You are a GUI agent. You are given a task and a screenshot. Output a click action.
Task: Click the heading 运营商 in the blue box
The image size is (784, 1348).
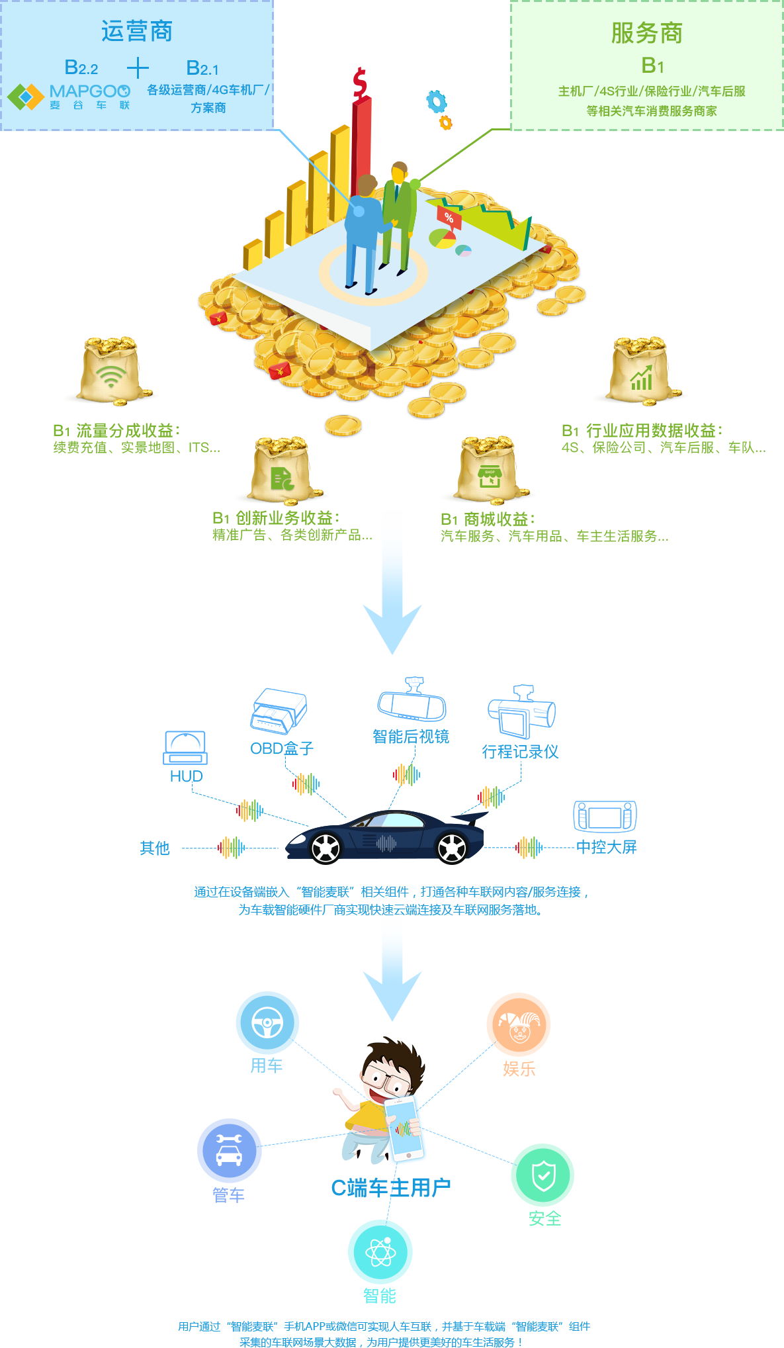tap(137, 31)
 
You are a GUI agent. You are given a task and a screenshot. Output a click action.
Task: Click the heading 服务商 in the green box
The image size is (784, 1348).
tap(646, 33)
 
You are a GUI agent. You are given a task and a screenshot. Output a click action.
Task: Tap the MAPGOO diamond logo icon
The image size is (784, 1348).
tap(25, 97)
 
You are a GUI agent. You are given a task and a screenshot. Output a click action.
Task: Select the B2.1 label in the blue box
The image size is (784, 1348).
tap(202, 68)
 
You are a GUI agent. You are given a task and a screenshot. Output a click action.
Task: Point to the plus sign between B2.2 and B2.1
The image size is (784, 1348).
tap(138, 68)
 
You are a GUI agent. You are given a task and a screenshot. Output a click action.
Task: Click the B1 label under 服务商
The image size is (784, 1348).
tap(652, 66)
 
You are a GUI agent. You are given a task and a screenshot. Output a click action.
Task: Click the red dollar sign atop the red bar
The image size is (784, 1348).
tap(360, 82)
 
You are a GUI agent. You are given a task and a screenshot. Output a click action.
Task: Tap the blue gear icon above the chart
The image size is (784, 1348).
tap(436, 101)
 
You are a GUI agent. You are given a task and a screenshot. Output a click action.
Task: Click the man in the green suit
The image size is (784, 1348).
tap(399, 212)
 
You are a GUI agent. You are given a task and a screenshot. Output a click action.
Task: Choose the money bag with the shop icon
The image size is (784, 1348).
tap(488, 471)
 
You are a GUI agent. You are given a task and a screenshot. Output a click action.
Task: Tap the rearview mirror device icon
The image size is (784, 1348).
tap(412, 701)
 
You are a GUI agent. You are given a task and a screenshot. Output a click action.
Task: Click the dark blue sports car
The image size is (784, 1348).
tap(387, 837)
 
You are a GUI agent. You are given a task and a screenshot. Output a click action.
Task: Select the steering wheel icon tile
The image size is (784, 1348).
tap(267, 1022)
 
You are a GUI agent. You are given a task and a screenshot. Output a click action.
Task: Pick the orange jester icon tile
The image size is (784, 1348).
tap(519, 1024)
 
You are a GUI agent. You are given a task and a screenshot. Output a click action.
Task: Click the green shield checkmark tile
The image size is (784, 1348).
tap(543, 1175)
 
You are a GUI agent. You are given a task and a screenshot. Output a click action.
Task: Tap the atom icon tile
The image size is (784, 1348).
tap(380, 1251)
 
